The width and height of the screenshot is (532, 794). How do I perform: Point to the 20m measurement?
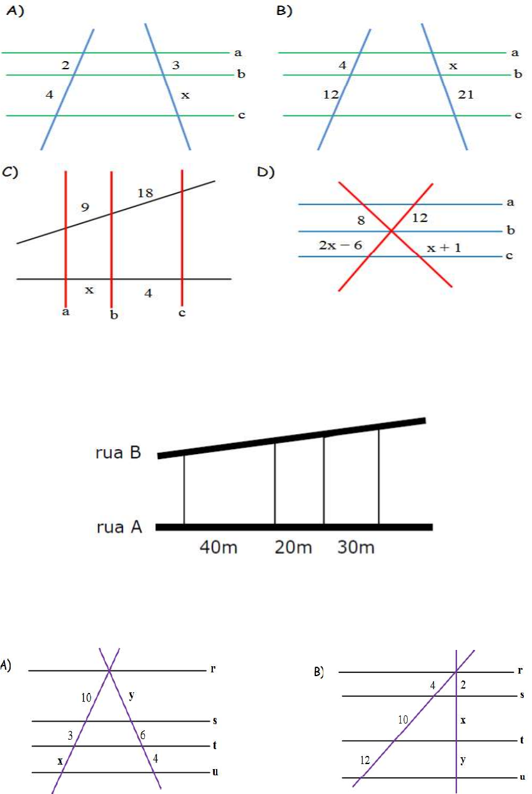293,548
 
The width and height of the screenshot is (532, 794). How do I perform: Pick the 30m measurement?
356,548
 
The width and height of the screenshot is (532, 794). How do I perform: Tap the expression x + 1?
443,247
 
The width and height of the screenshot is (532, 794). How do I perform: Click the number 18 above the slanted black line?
145,194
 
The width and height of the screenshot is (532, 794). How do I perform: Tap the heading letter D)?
267,173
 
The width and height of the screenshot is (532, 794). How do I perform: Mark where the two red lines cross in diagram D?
392,231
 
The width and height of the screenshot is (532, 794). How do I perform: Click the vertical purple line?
457,724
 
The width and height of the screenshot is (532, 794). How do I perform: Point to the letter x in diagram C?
89,289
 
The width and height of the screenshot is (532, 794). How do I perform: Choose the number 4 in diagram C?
147,292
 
